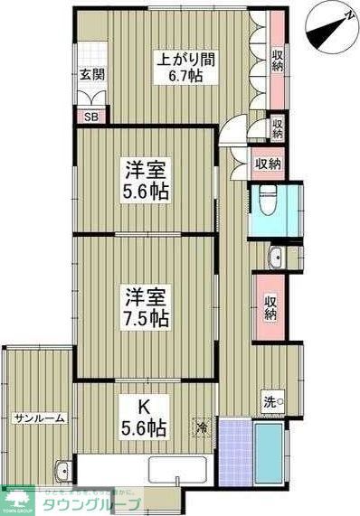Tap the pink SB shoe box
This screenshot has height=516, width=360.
tap(91, 117)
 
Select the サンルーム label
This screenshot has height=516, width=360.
tap(37, 419)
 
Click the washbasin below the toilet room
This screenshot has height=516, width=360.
tap(273, 257)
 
